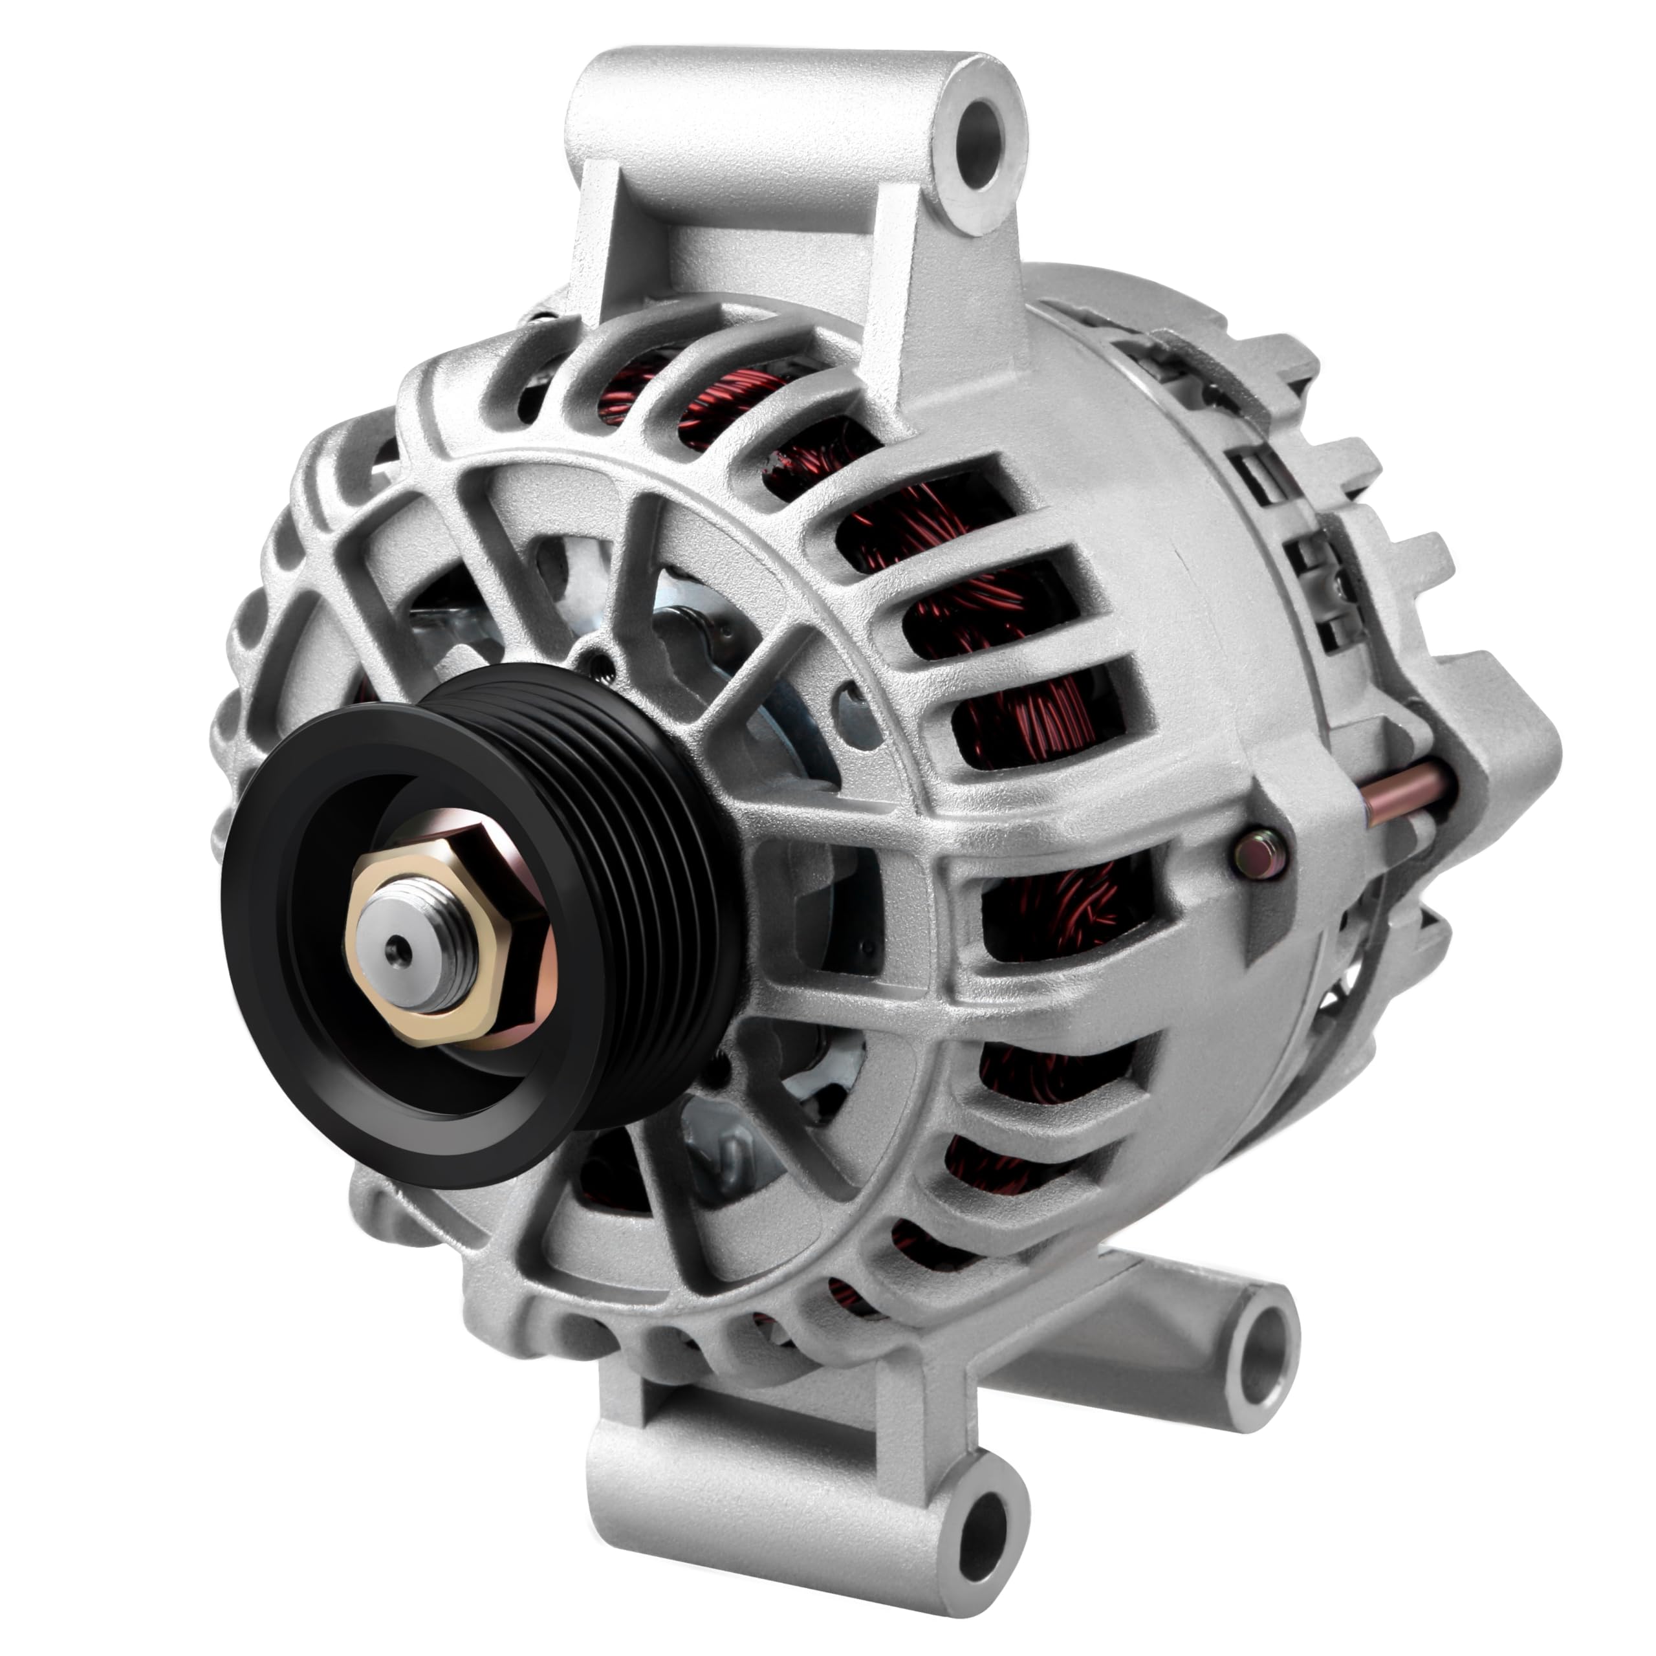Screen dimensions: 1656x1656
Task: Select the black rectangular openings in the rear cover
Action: (x=1269, y=488)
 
